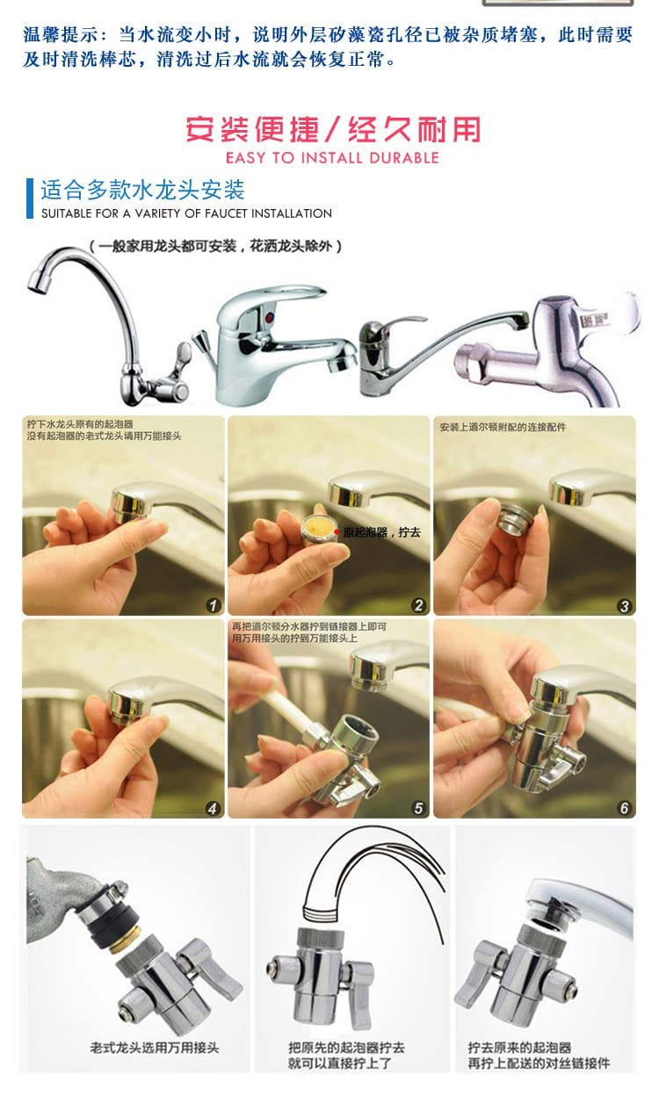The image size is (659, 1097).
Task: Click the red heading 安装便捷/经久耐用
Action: (332, 129)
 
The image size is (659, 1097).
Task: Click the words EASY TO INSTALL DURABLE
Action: (332, 158)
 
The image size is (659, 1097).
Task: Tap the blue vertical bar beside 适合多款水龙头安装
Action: (30, 198)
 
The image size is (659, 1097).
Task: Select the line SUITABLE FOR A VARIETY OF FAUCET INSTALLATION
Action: (186, 213)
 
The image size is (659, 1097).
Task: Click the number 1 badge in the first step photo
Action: (214, 605)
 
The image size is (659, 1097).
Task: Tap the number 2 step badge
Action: (418, 605)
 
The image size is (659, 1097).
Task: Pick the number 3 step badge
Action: (624, 606)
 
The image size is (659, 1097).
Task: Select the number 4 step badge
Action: (213, 808)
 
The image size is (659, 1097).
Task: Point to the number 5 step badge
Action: (418, 808)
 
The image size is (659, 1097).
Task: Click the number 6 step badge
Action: (624, 808)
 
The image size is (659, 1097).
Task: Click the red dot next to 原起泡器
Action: (337, 532)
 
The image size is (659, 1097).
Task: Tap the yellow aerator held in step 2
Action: (317, 528)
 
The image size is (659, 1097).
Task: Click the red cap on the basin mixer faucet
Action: (269, 318)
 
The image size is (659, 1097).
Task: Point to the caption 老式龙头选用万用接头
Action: (155, 1048)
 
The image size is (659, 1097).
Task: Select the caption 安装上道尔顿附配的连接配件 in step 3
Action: (503, 427)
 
